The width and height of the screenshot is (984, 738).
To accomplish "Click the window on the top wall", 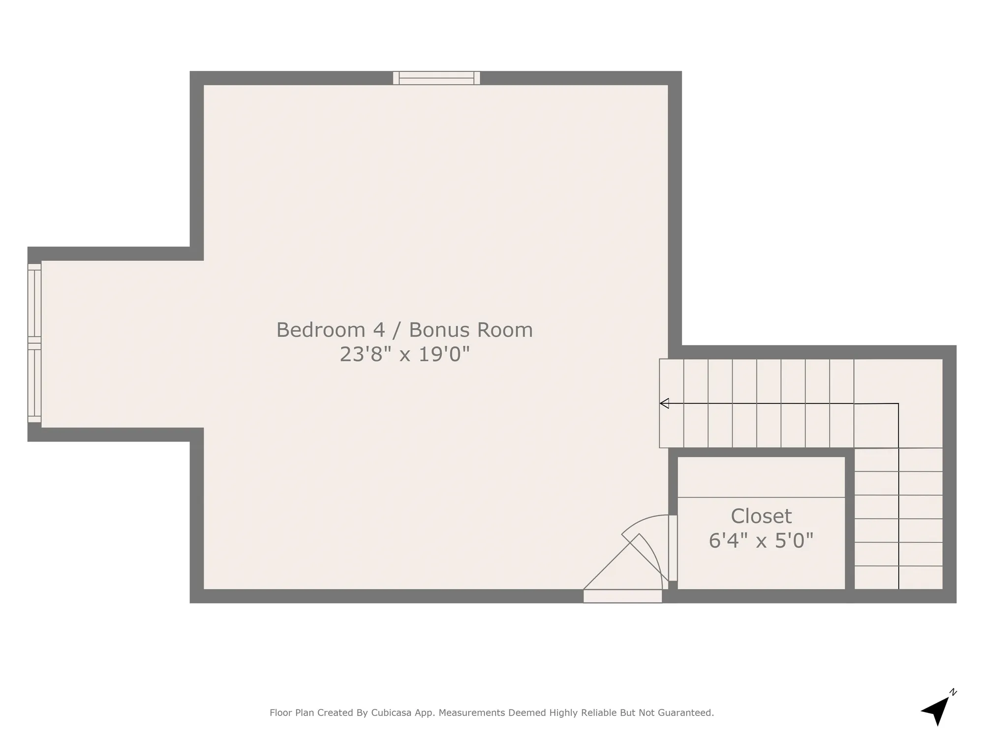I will point(436,78).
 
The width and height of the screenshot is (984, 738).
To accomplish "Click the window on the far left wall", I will point(34,343).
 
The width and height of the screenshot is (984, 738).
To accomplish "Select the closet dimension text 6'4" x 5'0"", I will point(761,541).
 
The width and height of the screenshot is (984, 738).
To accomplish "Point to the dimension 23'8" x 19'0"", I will point(404,354).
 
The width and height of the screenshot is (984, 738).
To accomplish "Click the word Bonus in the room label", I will point(438,330).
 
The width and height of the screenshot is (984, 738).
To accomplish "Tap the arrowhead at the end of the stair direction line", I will point(664,403).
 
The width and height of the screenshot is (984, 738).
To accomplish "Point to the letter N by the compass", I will point(953,692).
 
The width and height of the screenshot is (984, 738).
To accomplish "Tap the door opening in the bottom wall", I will point(622,596).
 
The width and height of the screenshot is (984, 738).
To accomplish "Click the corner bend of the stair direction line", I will point(898,404).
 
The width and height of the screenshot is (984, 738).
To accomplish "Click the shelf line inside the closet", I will point(761,497).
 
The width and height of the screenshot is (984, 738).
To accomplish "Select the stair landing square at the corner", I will point(898,403).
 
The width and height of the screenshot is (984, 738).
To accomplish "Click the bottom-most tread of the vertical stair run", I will point(898,578).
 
